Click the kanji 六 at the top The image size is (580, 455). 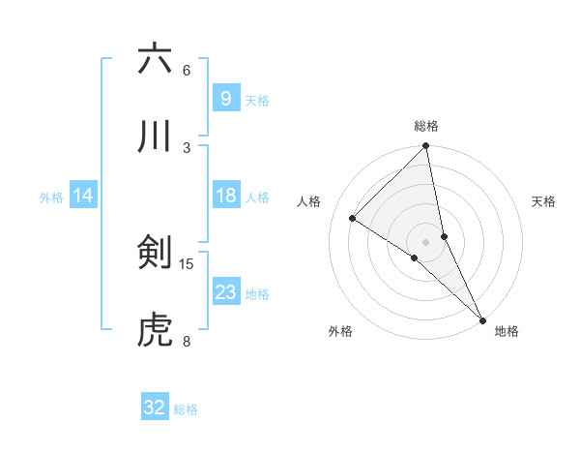155,60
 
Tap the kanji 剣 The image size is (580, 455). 155,254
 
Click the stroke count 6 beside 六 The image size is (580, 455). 187,70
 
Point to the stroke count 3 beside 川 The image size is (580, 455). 187,147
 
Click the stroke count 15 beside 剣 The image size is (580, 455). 187,263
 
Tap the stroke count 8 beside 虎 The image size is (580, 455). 187,341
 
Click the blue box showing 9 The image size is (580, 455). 225,99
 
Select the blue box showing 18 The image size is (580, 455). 225,196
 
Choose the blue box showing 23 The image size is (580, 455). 225,292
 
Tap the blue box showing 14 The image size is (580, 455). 83,196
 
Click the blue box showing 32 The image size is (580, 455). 155,408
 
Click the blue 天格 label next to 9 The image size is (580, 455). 257,100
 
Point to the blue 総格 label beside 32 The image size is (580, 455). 186,409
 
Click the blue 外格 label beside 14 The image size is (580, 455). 51,197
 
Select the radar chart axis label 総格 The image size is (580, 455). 426,126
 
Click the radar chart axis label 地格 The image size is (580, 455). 507,331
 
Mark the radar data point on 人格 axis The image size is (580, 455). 353,218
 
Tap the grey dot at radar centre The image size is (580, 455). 426,241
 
